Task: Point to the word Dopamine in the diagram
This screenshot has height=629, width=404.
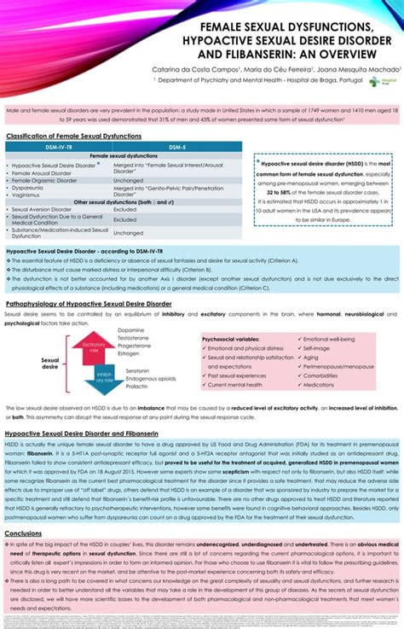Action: (x=131, y=330)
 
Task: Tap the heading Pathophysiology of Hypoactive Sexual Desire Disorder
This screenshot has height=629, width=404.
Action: (x=89, y=303)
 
